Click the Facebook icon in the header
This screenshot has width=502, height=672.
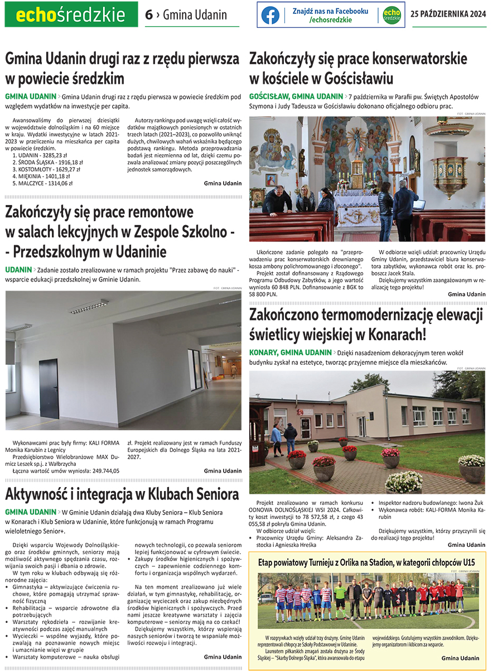(x=270, y=15)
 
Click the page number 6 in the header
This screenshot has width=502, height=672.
(x=148, y=15)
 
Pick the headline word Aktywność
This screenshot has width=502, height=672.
(x=39, y=494)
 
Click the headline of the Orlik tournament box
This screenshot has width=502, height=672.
(x=366, y=563)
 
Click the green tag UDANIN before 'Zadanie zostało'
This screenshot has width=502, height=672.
(x=18, y=270)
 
